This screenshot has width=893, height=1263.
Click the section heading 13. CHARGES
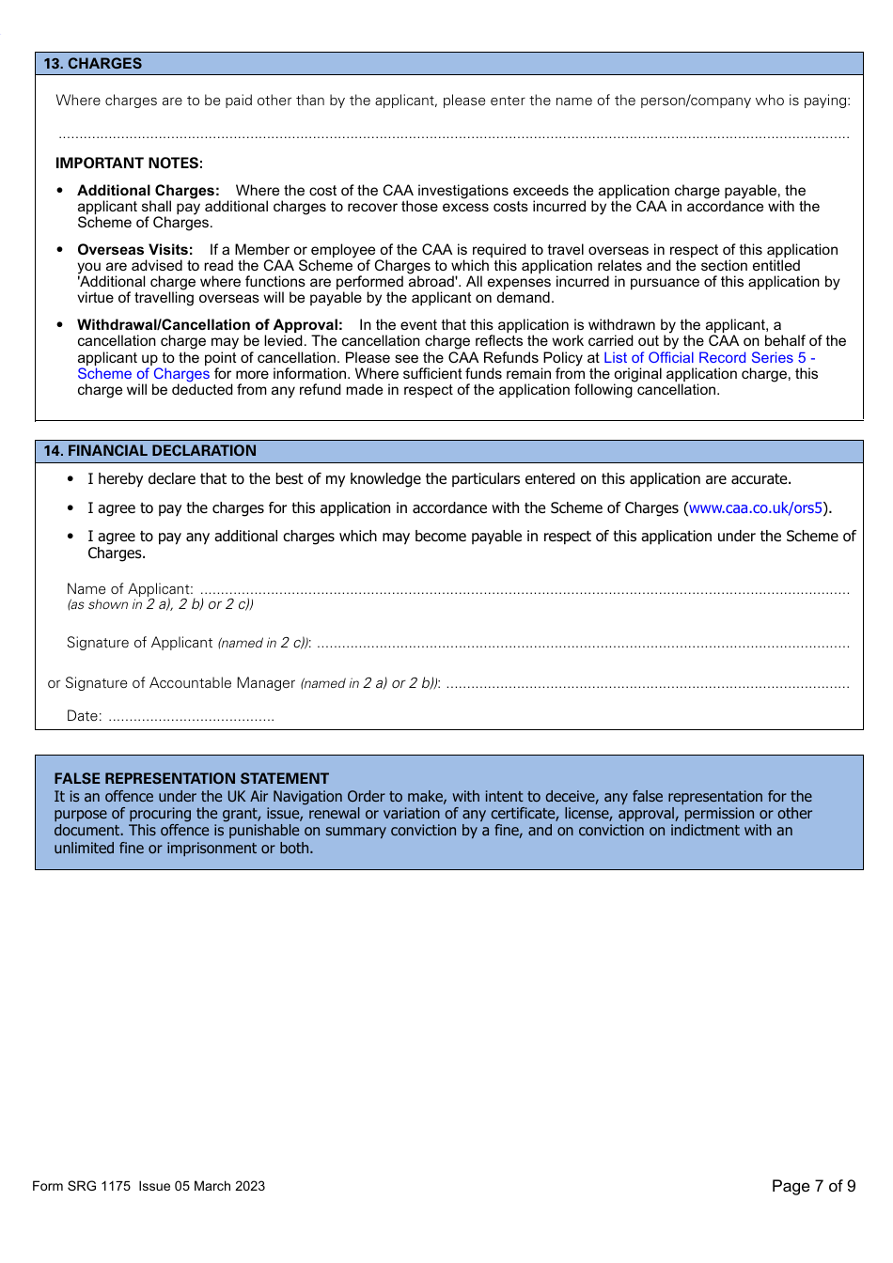93,64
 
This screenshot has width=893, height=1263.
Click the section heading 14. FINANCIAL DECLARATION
149,451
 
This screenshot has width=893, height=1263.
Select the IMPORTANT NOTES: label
129,164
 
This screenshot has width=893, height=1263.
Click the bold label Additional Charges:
149,191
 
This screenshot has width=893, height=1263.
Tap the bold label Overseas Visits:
135,250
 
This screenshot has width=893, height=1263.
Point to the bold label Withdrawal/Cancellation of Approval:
210,325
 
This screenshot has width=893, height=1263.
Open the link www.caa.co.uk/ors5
755,508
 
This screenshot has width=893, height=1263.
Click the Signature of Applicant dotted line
583,646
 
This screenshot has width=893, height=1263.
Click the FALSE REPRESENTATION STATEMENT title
192,779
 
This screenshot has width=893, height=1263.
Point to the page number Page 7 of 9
813,1186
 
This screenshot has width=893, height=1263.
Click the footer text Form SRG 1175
82,1186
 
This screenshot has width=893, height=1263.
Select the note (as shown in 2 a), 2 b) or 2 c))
160,605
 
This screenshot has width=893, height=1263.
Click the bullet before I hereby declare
70,479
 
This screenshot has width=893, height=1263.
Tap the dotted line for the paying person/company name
453,136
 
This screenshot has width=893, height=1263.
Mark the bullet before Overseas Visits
60,250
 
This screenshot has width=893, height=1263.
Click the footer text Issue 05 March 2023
202,1186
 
